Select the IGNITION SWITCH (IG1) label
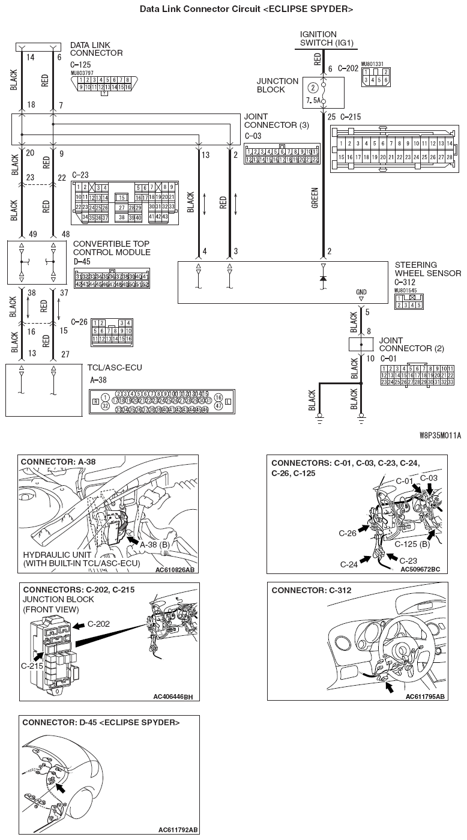tap(327, 39)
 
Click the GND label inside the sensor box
tap(361, 292)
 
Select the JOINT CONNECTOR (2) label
tap(406, 344)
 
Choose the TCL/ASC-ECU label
tap(107, 367)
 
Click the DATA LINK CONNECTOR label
tap(97, 49)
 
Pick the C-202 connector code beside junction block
tap(348, 68)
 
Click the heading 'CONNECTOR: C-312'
tap(312, 590)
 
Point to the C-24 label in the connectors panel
tap(349, 564)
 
